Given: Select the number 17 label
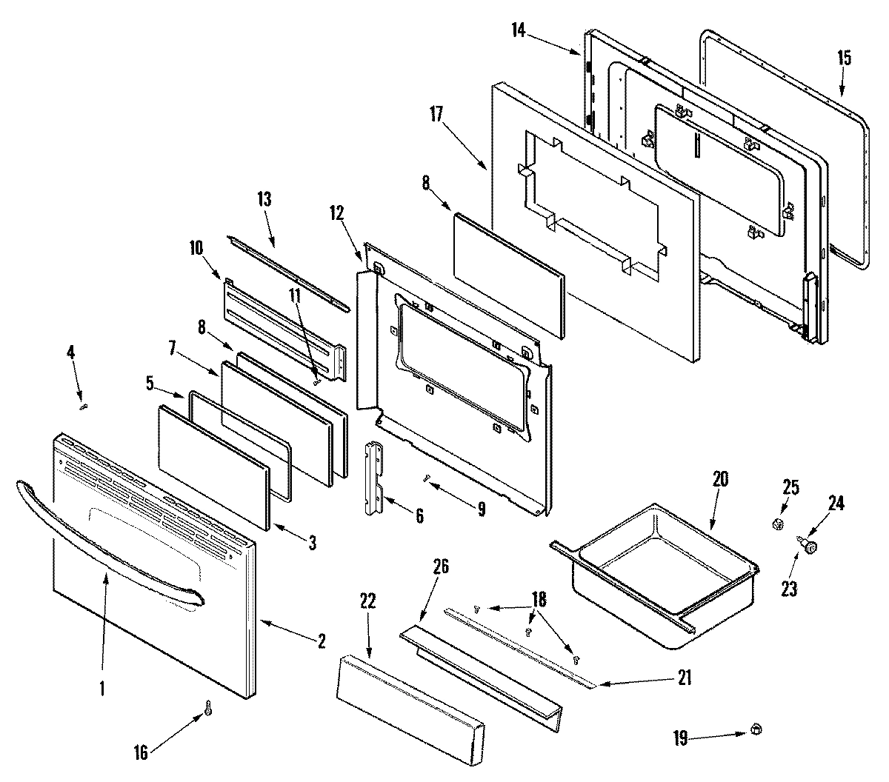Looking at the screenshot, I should [436, 115].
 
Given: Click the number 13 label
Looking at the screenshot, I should [264, 199].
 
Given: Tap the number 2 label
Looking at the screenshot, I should [322, 642].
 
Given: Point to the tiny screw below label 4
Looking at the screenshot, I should [84, 405].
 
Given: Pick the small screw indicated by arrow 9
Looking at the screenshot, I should [427, 479].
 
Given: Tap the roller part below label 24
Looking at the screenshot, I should [810, 547].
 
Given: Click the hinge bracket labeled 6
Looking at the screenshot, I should [375, 478].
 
